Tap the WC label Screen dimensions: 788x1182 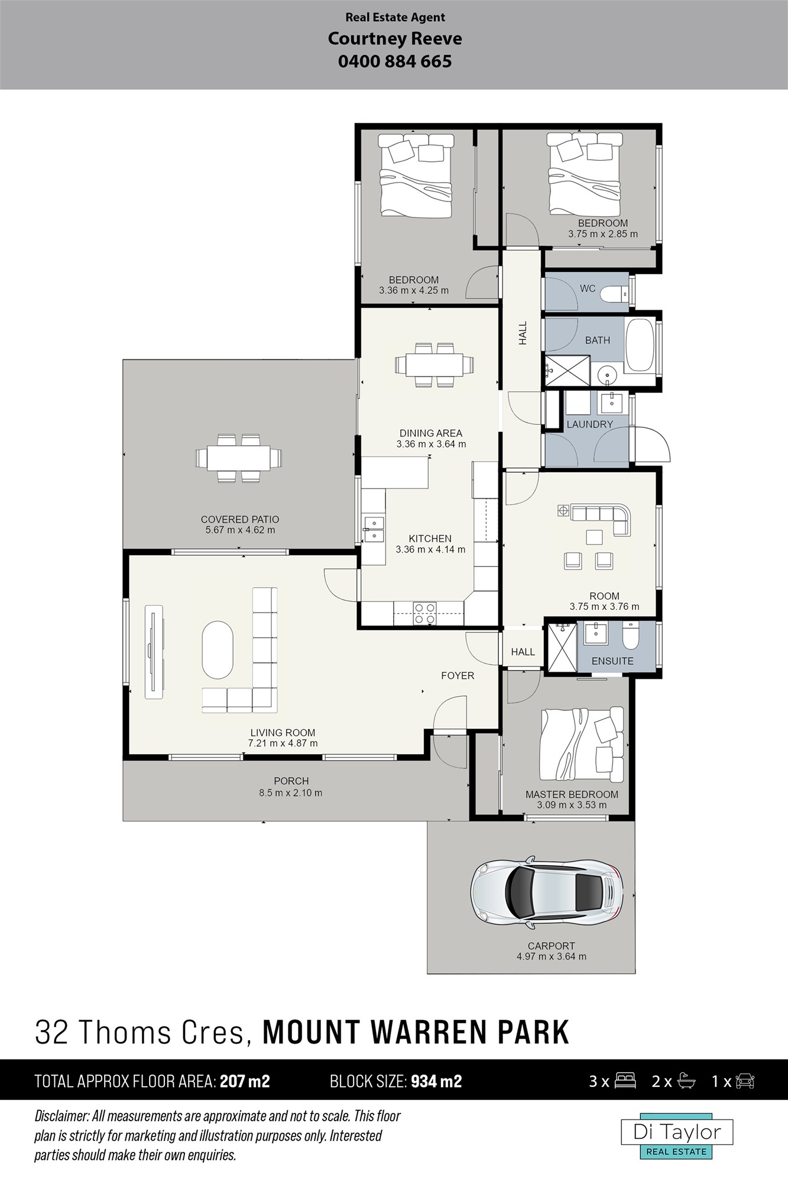(588, 288)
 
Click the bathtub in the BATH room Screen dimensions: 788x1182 (640, 346)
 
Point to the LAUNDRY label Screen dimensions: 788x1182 (589, 424)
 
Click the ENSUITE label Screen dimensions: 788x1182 (612, 661)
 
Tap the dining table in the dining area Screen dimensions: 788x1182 (434, 365)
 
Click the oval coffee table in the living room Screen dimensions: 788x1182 (218, 650)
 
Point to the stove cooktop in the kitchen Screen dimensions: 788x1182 (424, 613)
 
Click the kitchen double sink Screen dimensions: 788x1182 (375, 529)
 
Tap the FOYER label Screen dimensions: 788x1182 (458, 676)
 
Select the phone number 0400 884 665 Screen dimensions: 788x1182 (395, 61)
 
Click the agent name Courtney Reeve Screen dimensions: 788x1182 (395, 39)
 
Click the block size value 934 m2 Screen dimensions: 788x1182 (436, 1082)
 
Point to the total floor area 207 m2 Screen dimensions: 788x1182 (245, 1082)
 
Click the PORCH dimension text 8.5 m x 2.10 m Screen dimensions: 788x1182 (291, 793)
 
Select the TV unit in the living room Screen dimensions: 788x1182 (155, 651)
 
